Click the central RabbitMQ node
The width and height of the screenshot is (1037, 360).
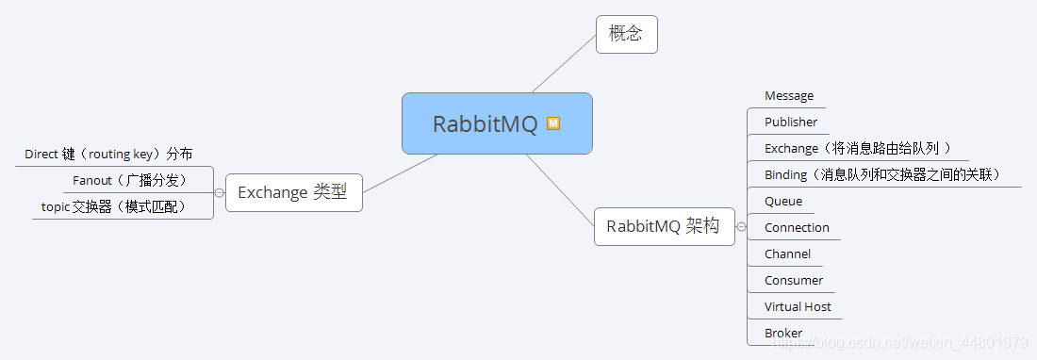486,123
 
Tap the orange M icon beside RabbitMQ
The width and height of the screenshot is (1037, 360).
553,123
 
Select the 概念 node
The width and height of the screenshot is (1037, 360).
626,34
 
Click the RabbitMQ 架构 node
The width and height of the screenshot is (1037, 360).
664,226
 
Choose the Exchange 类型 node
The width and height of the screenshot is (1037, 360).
293,192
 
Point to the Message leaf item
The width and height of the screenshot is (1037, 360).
789,96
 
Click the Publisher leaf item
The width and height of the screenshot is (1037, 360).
791,122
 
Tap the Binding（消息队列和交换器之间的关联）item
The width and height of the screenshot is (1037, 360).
882,174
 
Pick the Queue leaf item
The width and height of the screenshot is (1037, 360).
783,201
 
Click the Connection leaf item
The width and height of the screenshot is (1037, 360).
797,227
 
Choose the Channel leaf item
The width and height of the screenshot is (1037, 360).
787,254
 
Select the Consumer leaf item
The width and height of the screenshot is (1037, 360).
794,280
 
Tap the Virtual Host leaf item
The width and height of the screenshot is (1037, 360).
798,306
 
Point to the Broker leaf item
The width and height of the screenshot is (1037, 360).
783,333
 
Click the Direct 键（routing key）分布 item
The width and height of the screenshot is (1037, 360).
108,154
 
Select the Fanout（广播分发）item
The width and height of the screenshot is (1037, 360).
129,180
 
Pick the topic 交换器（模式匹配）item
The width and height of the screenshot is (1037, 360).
113,206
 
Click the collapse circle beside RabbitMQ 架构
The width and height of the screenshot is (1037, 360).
741,227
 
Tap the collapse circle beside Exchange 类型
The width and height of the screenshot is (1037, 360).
220,192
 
